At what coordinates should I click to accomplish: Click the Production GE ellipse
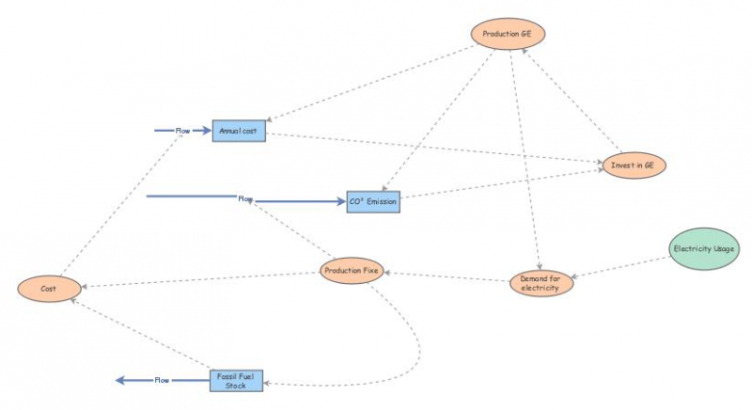(x=508, y=35)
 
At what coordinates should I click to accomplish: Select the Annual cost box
(x=239, y=132)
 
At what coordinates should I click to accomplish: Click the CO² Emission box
(x=373, y=201)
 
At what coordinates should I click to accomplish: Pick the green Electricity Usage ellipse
(x=703, y=249)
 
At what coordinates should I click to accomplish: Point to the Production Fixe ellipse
(x=352, y=272)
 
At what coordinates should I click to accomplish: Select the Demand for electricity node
(x=540, y=283)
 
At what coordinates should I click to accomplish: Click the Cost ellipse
(x=48, y=290)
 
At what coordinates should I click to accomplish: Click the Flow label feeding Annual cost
(x=183, y=130)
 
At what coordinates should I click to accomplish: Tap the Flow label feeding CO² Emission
(x=245, y=198)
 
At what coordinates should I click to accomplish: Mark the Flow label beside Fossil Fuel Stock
(x=162, y=380)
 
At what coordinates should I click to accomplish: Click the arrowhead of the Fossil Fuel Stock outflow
(x=120, y=380)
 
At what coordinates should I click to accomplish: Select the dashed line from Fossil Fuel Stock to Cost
(x=141, y=337)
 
